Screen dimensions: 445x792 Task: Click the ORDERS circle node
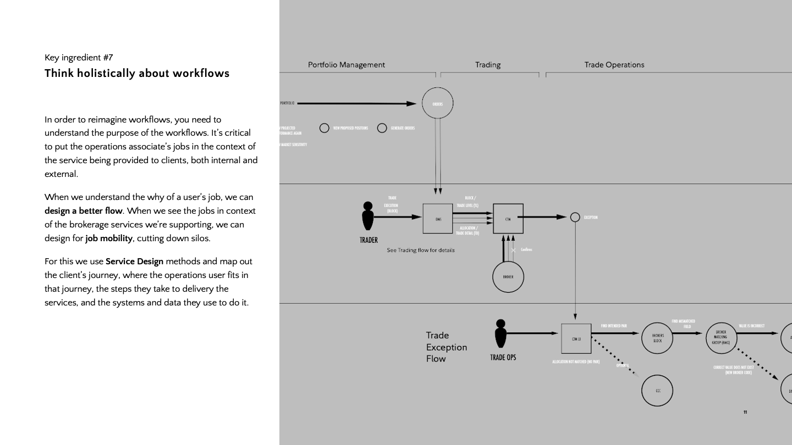(x=437, y=103)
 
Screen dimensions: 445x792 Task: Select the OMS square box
(x=438, y=219)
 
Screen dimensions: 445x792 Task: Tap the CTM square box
(x=508, y=219)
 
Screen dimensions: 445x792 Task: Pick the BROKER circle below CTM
(x=508, y=277)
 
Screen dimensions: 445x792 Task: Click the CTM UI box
(x=576, y=338)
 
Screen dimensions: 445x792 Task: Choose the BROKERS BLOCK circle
(x=657, y=338)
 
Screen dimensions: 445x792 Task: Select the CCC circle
(x=657, y=390)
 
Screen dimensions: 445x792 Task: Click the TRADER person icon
(x=368, y=216)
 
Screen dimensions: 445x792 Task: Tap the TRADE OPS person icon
(x=501, y=334)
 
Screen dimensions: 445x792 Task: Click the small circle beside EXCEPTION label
(x=575, y=217)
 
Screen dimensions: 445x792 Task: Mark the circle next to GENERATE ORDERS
(x=382, y=128)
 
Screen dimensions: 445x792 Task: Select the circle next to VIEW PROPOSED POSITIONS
(x=324, y=128)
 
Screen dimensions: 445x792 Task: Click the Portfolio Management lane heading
(x=346, y=65)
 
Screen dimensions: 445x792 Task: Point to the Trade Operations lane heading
(x=614, y=65)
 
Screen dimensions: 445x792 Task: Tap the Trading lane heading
(x=488, y=65)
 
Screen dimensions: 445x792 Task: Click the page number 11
(x=745, y=412)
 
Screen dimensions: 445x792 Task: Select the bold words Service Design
(x=134, y=262)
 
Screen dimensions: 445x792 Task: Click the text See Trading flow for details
(x=421, y=251)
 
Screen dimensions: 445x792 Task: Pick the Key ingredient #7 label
(x=79, y=57)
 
